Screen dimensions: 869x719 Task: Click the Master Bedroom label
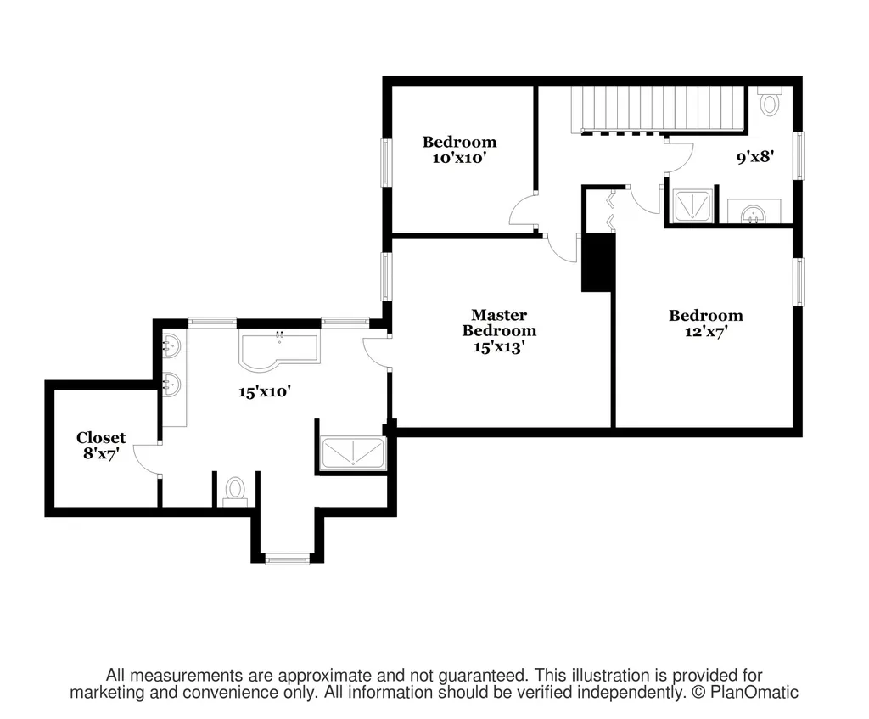(x=499, y=323)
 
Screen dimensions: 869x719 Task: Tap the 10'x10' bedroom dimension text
(x=459, y=158)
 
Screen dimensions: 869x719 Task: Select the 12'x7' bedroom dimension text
(x=705, y=332)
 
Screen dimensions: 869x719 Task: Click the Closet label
(x=101, y=437)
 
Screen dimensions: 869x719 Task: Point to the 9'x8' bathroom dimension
(x=754, y=157)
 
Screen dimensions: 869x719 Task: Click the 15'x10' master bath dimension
(x=265, y=392)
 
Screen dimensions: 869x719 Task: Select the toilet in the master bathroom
(x=235, y=492)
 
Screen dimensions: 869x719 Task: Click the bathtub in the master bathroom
(x=279, y=351)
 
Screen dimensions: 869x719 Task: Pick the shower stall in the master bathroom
(x=352, y=453)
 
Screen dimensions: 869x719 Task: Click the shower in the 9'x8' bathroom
(x=692, y=206)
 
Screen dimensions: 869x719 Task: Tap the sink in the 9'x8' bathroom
(x=754, y=211)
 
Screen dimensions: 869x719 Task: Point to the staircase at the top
(x=658, y=109)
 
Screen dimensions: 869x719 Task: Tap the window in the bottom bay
(x=287, y=559)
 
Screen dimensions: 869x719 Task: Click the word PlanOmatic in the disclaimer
(x=754, y=693)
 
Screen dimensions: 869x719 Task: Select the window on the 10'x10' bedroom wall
(x=386, y=162)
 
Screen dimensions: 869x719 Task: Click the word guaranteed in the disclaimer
(x=482, y=676)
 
